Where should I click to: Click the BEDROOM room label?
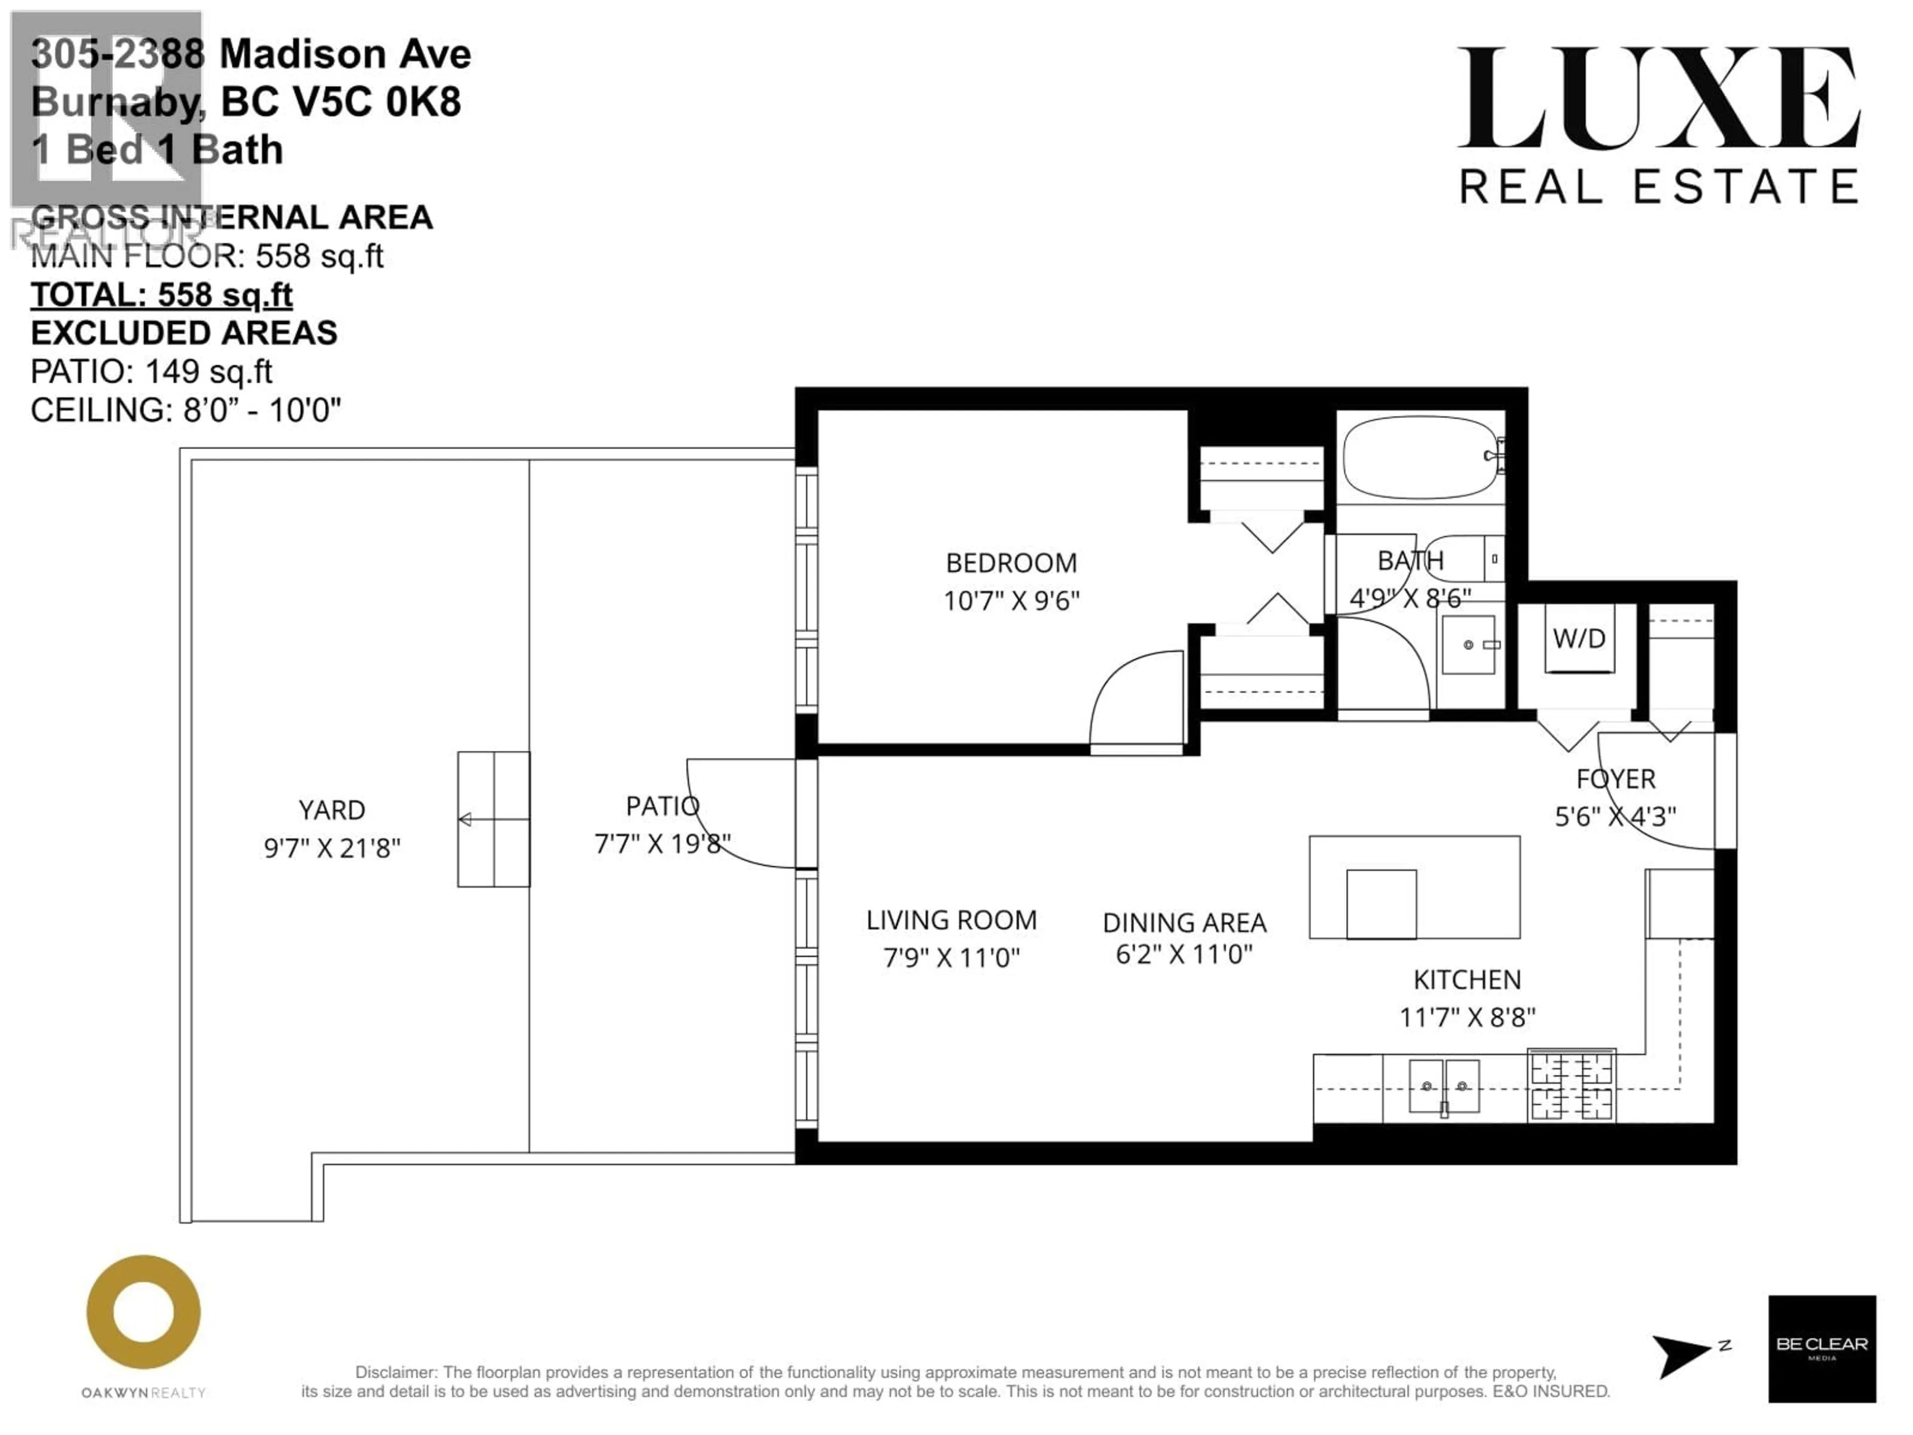click(1011, 563)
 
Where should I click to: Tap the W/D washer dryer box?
click(1579, 638)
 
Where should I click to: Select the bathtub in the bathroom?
click(1423, 457)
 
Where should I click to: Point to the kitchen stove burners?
click(1571, 1086)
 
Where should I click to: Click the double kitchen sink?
click(1444, 1086)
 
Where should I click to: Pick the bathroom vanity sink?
click(1469, 644)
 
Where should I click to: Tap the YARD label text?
click(332, 811)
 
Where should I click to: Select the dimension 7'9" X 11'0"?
click(952, 958)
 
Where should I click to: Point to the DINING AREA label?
click(1184, 923)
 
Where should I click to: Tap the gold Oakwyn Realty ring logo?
click(143, 1312)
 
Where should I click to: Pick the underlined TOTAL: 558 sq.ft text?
click(162, 295)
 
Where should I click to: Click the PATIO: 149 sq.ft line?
click(151, 371)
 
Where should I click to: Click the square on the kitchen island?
click(1381, 904)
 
